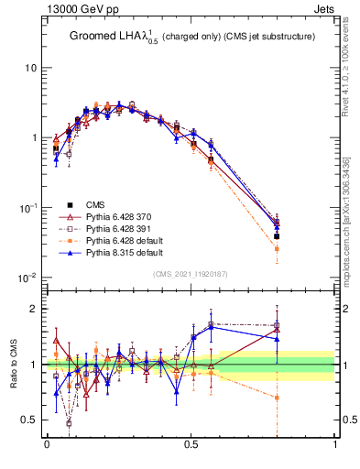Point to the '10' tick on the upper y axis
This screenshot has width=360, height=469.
pyautogui.click(x=30, y=69)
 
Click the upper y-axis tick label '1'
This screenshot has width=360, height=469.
pyautogui.click(x=34, y=138)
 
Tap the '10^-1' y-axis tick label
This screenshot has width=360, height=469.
pyautogui.click(x=28, y=208)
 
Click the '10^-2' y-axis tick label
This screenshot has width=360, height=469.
pyautogui.click(x=28, y=278)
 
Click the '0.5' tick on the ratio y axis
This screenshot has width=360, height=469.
pyautogui.click(x=28, y=420)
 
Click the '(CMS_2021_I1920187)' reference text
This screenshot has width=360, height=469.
pyautogui.click(x=191, y=273)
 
